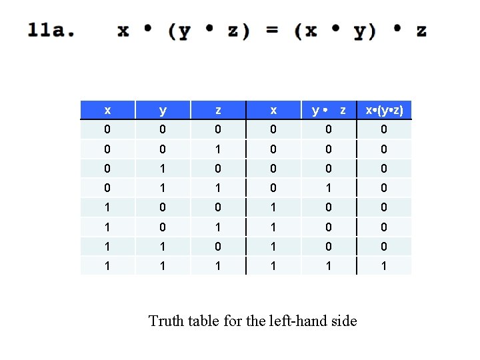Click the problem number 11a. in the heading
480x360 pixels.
[x=51, y=31]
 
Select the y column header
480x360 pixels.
[x=163, y=110]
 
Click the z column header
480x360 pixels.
[x=217, y=110]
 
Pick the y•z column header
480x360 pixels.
[x=329, y=110]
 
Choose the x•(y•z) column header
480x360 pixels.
[x=384, y=110]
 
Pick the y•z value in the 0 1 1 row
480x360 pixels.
[x=329, y=187]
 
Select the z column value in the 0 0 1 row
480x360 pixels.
[x=217, y=149]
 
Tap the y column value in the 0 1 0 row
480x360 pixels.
[x=163, y=168]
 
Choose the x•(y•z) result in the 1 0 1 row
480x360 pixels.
[x=384, y=226]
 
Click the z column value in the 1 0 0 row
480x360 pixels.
[x=217, y=207]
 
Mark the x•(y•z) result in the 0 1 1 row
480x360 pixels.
[x=384, y=187]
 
